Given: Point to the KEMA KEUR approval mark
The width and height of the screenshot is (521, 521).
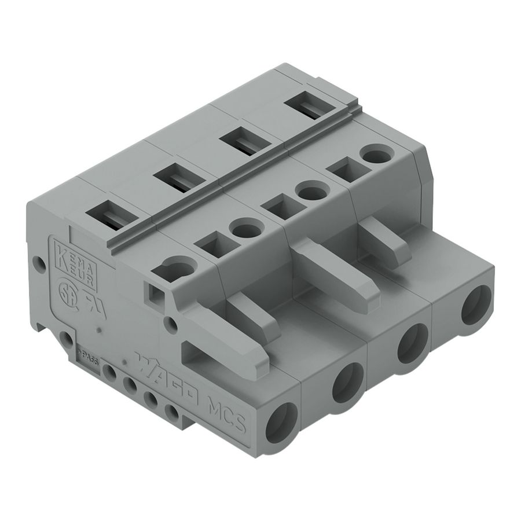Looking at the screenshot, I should coord(75,263).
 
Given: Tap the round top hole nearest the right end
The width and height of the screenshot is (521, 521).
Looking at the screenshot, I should coord(376,155).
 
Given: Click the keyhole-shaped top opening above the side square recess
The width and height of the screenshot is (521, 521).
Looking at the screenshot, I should coord(175,268).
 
